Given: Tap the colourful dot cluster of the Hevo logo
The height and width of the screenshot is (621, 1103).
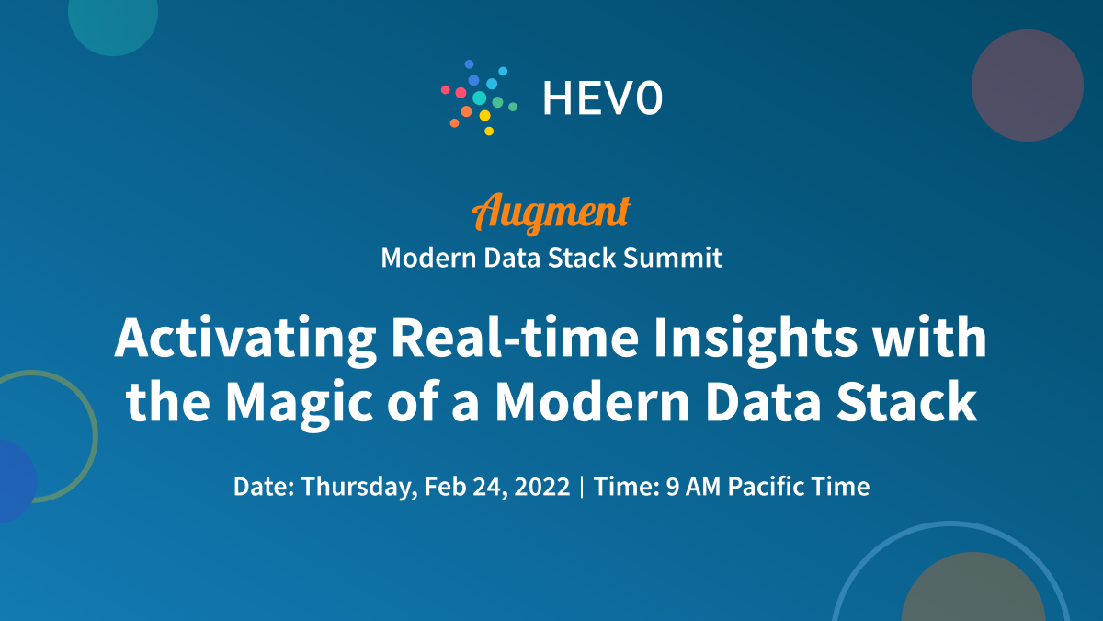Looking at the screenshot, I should pos(479,96).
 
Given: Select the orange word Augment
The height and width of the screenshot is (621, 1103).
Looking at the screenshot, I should pos(551,212).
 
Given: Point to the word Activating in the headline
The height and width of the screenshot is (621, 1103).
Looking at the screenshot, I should pos(244,340).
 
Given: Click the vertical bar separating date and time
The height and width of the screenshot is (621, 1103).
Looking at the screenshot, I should pos(582,487).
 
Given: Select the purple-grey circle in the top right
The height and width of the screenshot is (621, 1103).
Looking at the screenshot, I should pos(1027,85).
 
